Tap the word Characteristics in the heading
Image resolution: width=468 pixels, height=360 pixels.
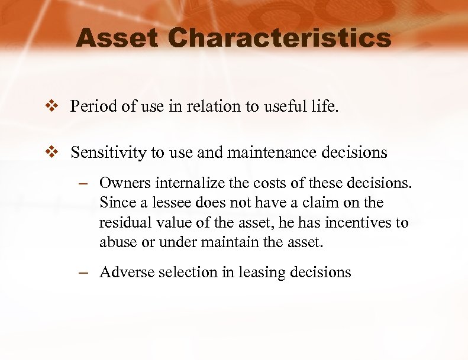[279, 39]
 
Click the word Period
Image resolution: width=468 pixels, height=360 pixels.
[89, 106]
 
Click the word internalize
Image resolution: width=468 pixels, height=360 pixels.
[189, 183]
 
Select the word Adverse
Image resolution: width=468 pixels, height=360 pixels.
[126, 273]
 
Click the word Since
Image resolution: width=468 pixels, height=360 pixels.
[117, 203]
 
